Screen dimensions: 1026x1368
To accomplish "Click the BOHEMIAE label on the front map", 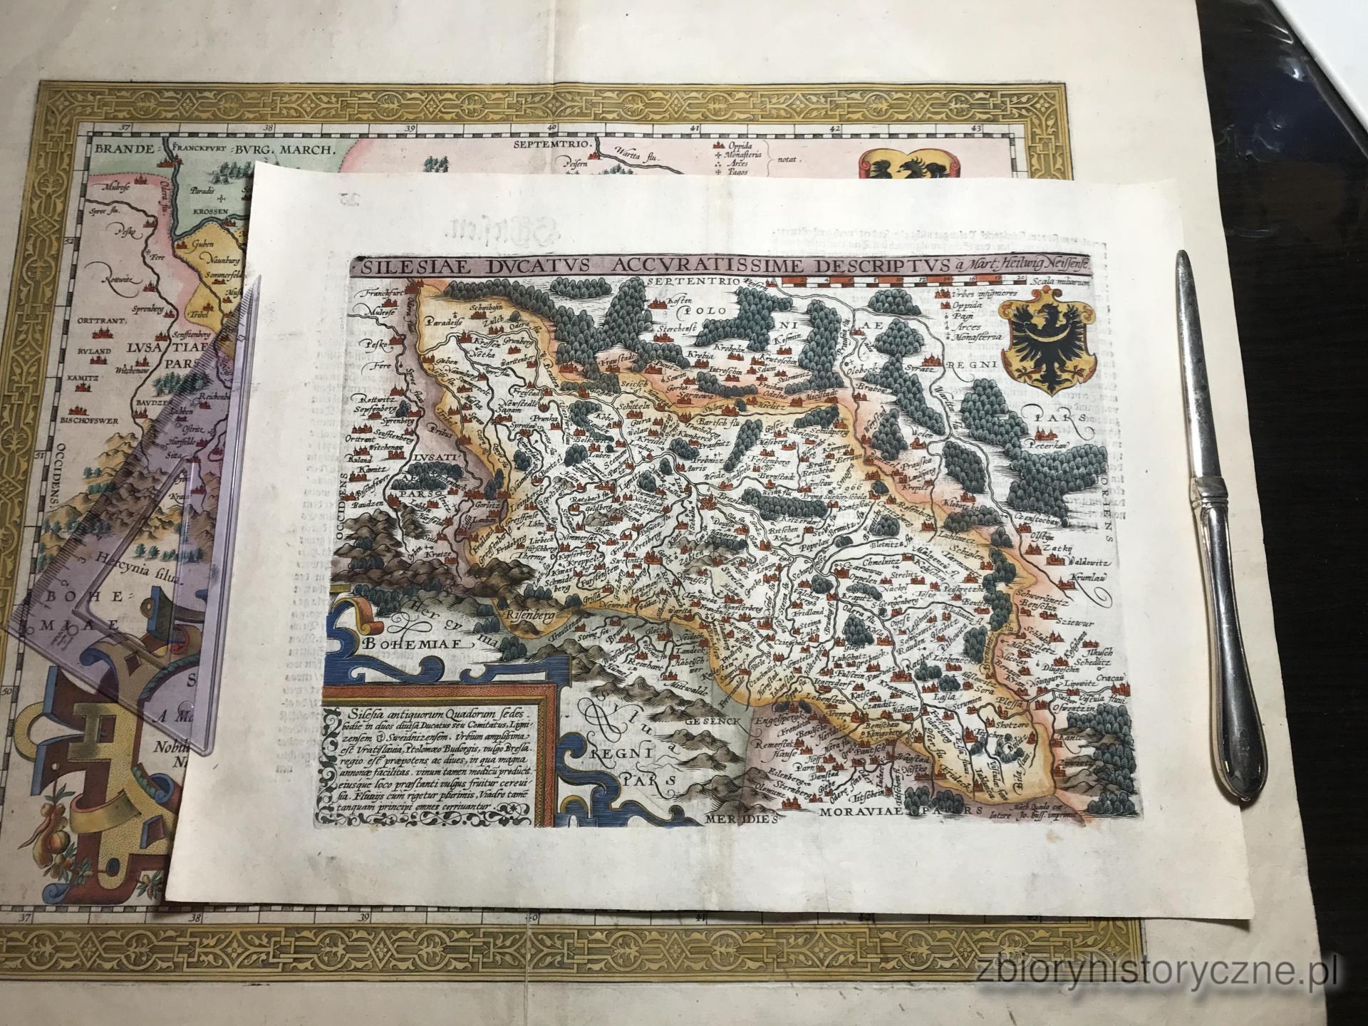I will (413, 642).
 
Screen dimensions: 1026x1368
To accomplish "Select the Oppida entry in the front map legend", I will (965, 304).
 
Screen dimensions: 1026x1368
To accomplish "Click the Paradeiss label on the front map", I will (444, 321).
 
